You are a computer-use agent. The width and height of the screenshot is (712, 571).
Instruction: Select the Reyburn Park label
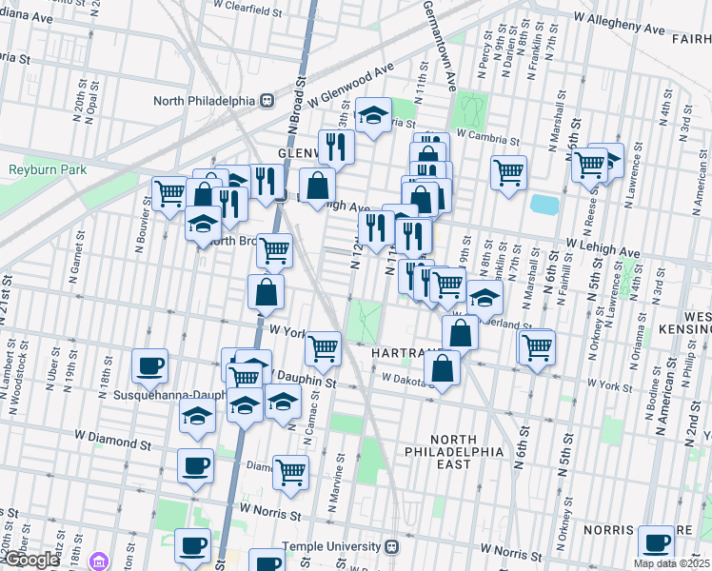click(48, 169)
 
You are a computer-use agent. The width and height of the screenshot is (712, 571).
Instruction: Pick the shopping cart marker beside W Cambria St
click(509, 172)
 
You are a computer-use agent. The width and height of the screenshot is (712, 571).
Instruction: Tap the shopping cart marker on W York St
click(324, 347)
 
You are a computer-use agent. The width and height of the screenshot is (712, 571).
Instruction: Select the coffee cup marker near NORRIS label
click(656, 542)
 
